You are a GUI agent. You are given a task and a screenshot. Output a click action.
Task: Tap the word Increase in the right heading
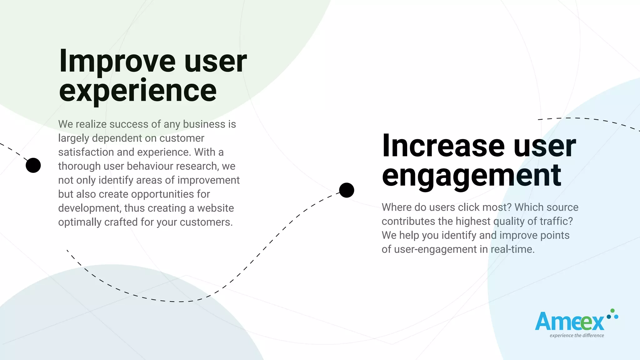pyautogui.click(x=443, y=146)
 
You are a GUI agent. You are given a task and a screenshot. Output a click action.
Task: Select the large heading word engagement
pyautogui.click(x=471, y=176)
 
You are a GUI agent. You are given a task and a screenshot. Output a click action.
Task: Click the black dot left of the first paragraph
pyautogui.click(x=33, y=165)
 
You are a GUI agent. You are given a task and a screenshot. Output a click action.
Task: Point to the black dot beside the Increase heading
pyautogui.click(x=347, y=190)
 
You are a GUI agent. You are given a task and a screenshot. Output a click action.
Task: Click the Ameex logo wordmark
pyautogui.click(x=569, y=322)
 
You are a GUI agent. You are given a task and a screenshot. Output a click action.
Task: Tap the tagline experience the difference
pyautogui.click(x=577, y=336)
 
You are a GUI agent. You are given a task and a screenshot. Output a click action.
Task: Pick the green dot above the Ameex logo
pyautogui.click(x=612, y=311)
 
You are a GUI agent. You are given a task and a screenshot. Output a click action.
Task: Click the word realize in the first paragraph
pyautogui.click(x=91, y=124)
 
